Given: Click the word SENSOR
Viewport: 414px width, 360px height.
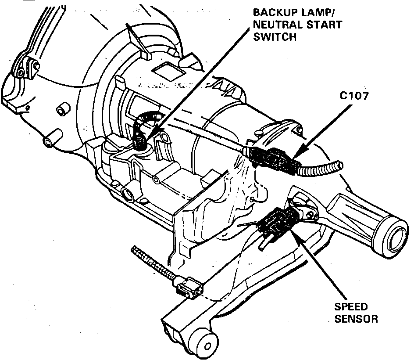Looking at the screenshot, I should pyautogui.click(x=356, y=319).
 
